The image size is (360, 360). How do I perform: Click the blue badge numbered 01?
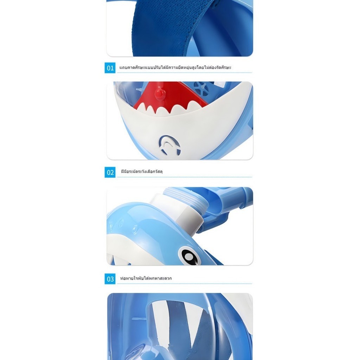(110, 68)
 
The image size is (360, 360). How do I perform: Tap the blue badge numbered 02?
(110, 172)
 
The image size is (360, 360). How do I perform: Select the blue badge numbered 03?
(110, 279)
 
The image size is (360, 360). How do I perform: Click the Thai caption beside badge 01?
(175, 67)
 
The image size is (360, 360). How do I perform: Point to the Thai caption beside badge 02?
(142, 172)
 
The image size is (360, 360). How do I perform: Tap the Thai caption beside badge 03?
(146, 278)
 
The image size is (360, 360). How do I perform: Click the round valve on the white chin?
(169, 145)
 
